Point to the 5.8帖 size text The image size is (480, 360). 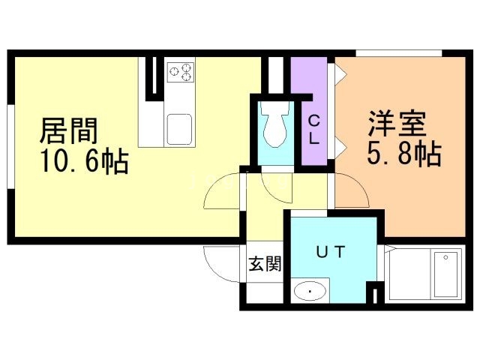[403, 155]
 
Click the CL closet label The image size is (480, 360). [313, 129]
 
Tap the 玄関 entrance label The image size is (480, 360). [265, 264]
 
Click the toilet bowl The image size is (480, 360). [274, 125]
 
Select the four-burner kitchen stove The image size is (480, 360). [180, 72]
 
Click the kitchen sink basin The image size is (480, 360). [180, 128]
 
